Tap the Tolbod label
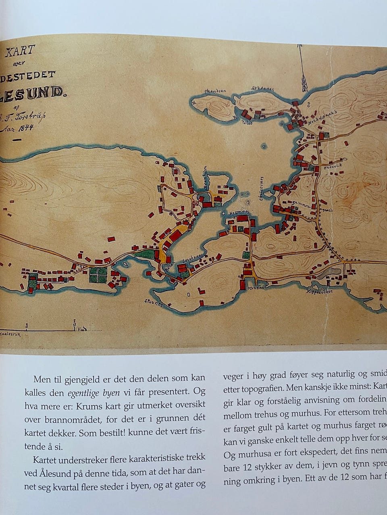[x=247, y=123]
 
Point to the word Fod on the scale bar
[x=82, y=329]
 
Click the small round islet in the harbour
[x=264, y=146]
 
